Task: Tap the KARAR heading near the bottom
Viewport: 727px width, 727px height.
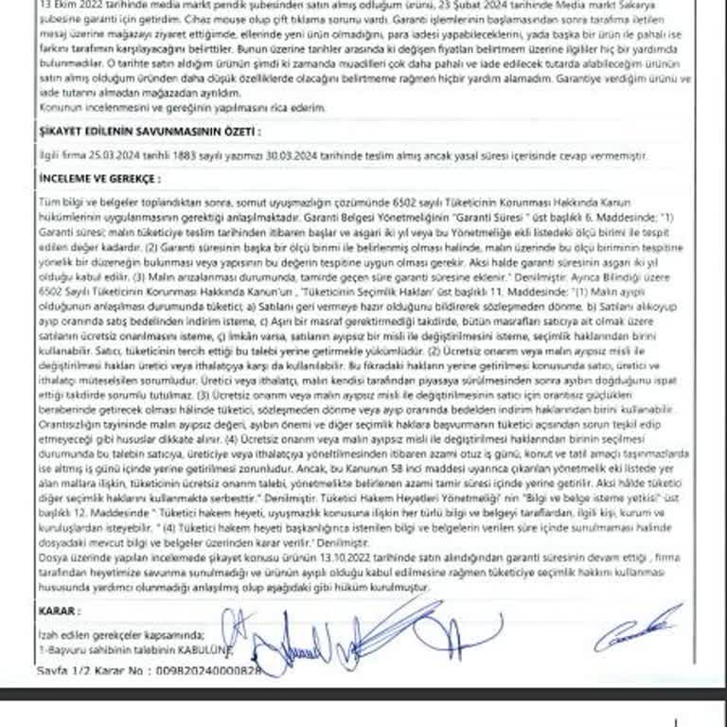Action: tap(60, 612)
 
